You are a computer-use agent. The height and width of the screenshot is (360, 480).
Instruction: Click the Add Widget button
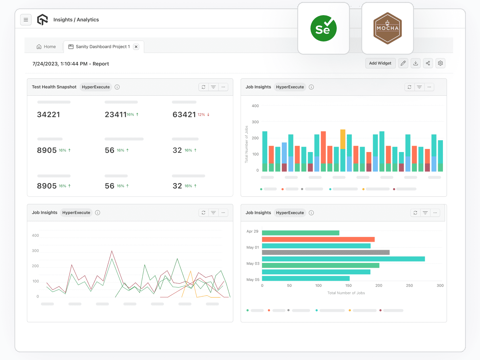380,63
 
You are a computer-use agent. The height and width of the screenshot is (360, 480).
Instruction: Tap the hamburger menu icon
26,20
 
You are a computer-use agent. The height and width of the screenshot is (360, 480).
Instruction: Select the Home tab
46,47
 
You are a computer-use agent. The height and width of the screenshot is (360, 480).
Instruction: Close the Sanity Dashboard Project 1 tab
136,47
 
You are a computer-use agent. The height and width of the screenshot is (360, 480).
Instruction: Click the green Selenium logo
323,29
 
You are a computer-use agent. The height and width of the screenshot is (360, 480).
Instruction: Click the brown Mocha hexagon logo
387,29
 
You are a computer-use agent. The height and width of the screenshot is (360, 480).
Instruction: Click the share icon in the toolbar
428,63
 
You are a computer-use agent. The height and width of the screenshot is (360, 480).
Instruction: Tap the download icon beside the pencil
416,63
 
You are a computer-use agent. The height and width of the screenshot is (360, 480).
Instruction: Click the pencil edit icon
403,63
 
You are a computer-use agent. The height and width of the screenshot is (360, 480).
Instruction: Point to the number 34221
49,115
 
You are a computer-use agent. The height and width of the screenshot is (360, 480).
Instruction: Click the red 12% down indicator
204,115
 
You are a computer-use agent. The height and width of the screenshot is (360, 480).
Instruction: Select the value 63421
184,115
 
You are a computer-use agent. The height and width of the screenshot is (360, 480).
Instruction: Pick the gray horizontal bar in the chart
325,252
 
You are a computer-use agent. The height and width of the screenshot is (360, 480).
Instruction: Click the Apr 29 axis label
252,232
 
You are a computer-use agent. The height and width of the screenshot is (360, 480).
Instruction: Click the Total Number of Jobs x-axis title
346,293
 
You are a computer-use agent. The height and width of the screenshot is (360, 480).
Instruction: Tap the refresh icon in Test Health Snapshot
204,87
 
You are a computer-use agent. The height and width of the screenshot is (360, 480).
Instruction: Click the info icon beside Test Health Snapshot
117,87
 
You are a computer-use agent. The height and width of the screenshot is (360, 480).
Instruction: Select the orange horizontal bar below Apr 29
318,240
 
